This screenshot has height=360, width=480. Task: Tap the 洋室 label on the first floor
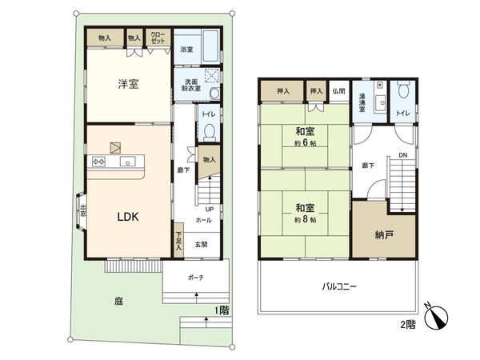pos(127,85)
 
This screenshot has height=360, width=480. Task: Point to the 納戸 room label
pos(384,235)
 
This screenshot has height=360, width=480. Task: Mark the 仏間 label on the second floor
pos(339,92)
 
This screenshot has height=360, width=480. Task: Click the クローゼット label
pos(158,38)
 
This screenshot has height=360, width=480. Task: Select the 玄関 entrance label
pos(202,244)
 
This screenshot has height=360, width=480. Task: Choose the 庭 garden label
pos(119,302)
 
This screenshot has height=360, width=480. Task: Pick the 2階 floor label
pos(408,325)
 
